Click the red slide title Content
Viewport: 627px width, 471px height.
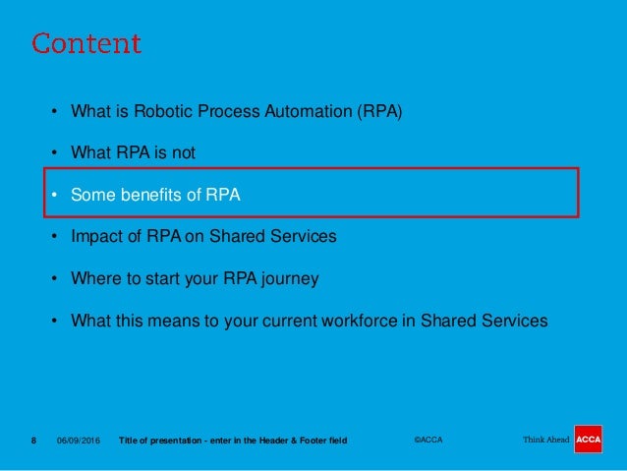(x=86, y=44)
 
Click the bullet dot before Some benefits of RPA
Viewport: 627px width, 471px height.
(x=55, y=195)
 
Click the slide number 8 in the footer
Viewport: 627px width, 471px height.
(x=33, y=440)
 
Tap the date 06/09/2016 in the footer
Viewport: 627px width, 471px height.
(x=78, y=440)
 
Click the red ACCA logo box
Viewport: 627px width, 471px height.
(x=589, y=439)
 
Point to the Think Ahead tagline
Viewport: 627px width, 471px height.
(x=545, y=440)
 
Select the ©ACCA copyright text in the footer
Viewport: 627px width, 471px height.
(x=427, y=440)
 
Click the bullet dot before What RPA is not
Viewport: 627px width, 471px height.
(x=55, y=152)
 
